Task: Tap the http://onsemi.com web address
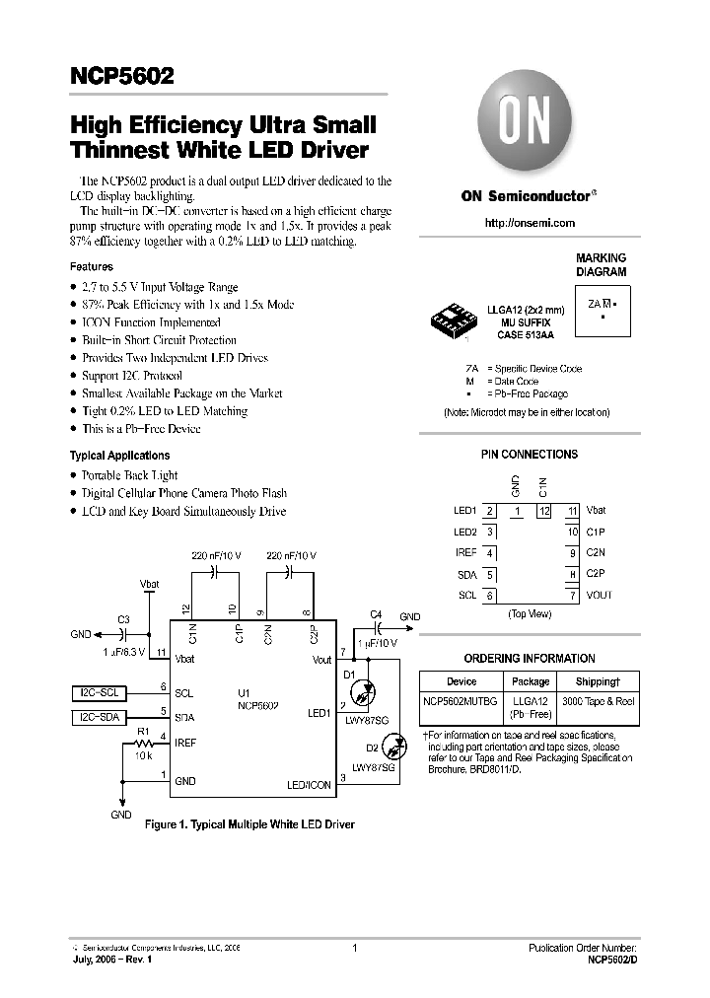(530, 224)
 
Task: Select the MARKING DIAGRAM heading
(601, 264)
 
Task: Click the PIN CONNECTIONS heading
(530, 455)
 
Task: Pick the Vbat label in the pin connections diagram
(597, 511)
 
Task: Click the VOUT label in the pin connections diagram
(599, 595)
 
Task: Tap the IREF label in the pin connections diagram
(465, 553)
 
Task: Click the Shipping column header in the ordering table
(599, 681)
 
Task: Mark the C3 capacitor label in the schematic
(123, 619)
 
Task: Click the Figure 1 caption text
(249, 822)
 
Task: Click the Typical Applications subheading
(119, 456)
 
